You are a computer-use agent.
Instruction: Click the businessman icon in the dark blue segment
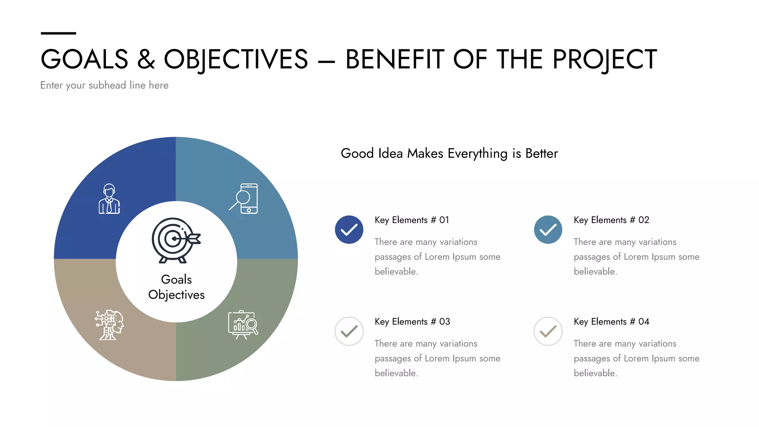pos(109,199)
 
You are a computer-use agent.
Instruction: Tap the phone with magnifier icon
pos(244,199)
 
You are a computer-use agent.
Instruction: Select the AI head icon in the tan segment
pos(109,325)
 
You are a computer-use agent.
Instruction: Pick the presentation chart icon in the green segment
pos(243,325)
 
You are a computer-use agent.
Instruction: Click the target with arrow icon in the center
pos(175,240)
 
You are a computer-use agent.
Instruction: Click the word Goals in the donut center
pos(176,279)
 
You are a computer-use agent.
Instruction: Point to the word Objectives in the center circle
pos(176,295)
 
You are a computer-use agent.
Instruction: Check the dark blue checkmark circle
pos(349,230)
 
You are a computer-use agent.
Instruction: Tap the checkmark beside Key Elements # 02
pos(548,230)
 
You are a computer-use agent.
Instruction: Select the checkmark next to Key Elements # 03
pos(349,331)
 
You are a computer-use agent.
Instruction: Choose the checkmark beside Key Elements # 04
pos(548,331)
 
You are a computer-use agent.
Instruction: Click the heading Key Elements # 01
pos(412,220)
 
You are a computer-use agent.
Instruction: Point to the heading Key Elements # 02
pos(611,220)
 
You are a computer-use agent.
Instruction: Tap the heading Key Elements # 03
pos(412,322)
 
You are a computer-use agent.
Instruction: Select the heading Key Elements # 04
pos(611,322)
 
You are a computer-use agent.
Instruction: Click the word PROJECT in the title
pos(604,59)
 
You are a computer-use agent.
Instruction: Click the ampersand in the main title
pos(146,59)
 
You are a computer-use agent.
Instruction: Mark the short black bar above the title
pos(58,33)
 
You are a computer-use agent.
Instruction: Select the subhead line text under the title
pos(104,85)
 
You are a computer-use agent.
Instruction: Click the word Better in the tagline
pos(541,153)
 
